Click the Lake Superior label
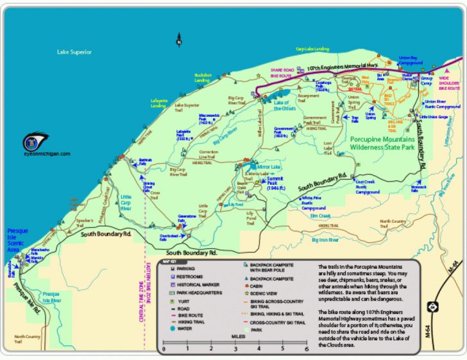tap(74, 52)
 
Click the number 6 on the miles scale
tap(307, 348)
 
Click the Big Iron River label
tap(325, 239)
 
